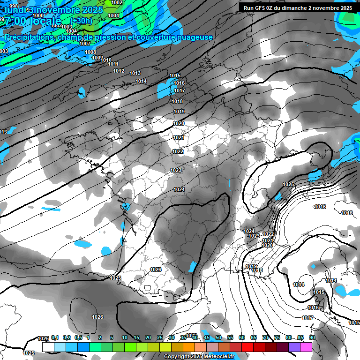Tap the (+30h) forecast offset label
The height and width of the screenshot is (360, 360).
[x=82, y=21]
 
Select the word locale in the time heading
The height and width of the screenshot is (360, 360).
[x=44, y=21]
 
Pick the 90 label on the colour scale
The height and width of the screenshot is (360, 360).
[x=312, y=338]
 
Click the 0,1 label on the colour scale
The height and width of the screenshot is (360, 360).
[x=54, y=338]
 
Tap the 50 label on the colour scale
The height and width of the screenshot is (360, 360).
[x=218, y=338]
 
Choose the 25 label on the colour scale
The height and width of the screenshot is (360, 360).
[x=159, y=338]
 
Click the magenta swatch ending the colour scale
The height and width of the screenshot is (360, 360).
[x=306, y=347]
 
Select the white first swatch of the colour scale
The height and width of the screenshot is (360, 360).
[x=48, y=347]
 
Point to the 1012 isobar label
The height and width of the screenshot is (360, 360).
[x=119, y=71]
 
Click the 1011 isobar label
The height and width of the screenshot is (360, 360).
[x=113, y=64]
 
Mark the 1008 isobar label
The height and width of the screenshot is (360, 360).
[x=90, y=52]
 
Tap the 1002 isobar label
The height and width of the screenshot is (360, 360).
[x=117, y=2]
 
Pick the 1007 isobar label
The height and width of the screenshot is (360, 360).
[x=85, y=44]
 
